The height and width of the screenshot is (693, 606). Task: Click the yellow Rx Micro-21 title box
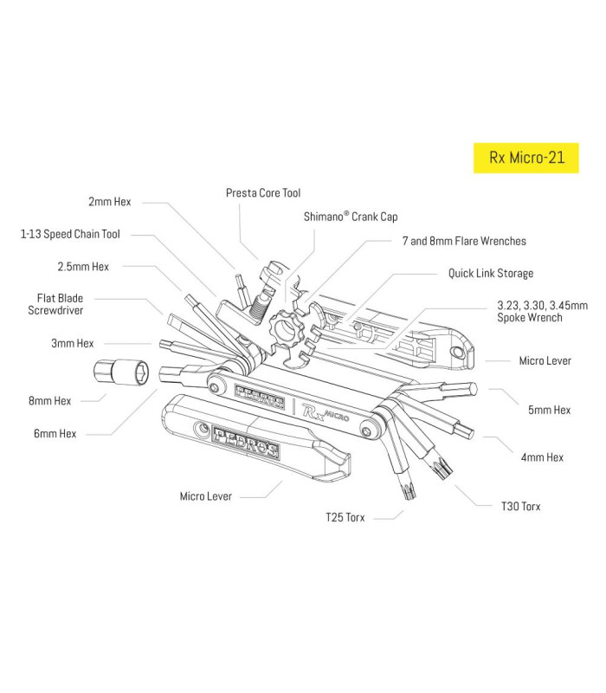[x=525, y=159]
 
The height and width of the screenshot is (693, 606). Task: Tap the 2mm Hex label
[x=109, y=202]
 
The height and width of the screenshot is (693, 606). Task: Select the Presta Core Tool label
[x=263, y=193]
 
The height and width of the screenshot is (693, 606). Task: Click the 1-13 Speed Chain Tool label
[x=70, y=234]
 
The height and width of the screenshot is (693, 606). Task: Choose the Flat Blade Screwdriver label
[x=60, y=303]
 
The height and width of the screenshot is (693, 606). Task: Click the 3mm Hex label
[x=73, y=344]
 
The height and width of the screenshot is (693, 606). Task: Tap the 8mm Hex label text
[x=50, y=401]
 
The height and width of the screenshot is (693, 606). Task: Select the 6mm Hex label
[x=55, y=433]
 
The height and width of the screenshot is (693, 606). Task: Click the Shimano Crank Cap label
[x=351, y=217]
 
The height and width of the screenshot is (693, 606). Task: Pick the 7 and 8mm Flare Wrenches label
[x=464, y=241]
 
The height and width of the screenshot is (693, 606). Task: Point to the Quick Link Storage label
[x=490, y=274]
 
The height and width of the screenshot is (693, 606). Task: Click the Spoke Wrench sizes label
[x=542, y=312]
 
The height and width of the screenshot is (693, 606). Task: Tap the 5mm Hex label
[x=549, y=410]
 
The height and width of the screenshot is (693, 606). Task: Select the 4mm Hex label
[x=542, y=457]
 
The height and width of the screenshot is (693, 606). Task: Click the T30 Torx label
[x=520, y=506]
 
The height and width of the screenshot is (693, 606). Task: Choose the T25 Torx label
[x=345, y=517]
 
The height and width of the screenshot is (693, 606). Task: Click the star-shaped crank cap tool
[x=287, y=329]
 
